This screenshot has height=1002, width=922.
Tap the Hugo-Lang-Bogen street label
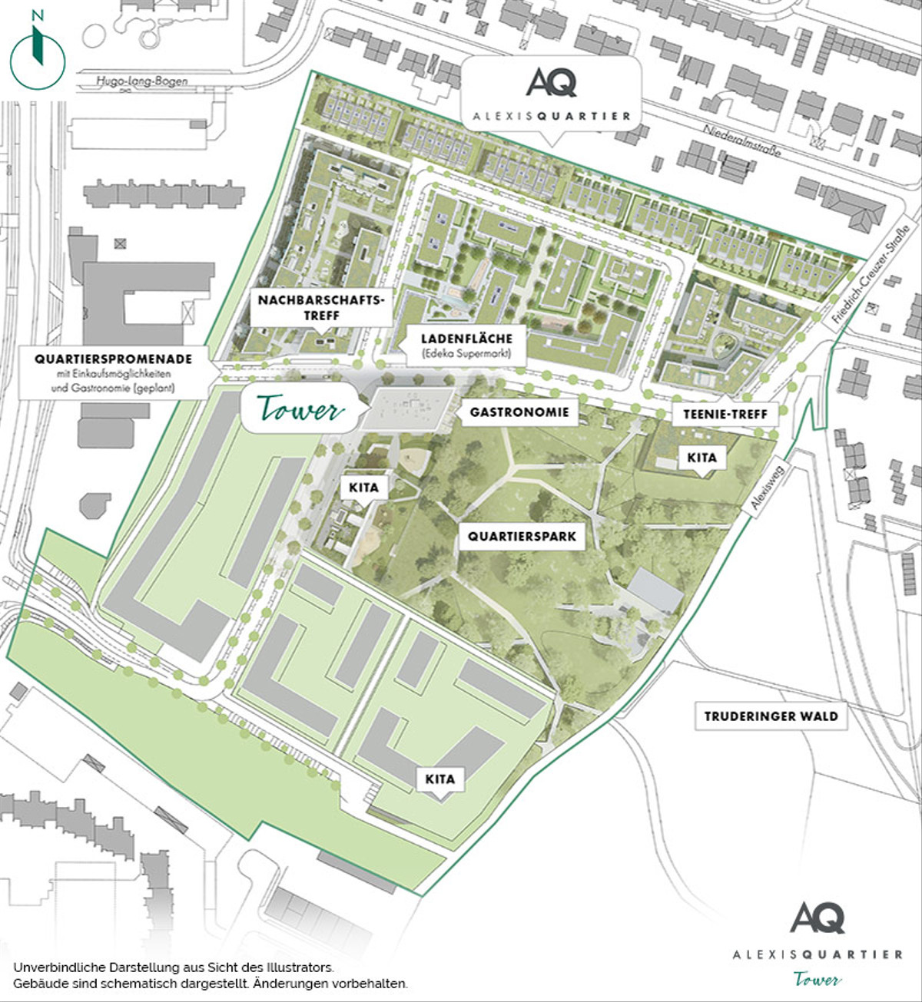(142, 81)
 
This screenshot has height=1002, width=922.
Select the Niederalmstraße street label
(742, 141)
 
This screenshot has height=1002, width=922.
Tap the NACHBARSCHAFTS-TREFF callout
(320, 307)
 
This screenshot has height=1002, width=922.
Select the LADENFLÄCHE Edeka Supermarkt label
(466, 345)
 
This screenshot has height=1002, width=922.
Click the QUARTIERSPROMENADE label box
(113, 373)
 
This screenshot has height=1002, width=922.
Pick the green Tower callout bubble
(300, 410)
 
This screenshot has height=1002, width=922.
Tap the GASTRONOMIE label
(519, 412)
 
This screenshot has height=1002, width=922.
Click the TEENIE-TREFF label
(725, 414)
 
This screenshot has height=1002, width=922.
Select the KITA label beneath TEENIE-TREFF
(701, 458)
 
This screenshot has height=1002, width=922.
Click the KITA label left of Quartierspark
(363, 488)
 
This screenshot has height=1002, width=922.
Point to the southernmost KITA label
(439, 779)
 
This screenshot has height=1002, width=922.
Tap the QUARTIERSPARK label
(522, 537)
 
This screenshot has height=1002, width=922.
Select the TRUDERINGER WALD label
(771, 716)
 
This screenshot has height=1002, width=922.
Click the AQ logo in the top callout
(551, 83)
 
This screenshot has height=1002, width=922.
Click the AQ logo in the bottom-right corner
(818, 918)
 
